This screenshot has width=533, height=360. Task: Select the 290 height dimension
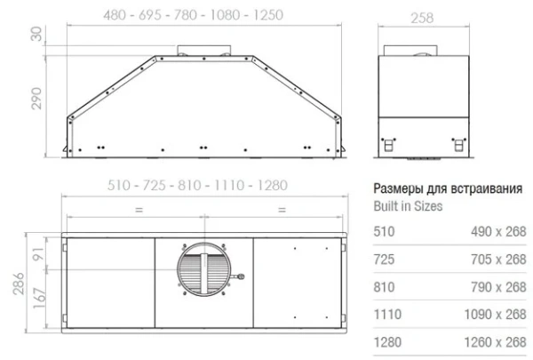coord(36,100)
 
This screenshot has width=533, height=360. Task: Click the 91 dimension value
coord(36,255)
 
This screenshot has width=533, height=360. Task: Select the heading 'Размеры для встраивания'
coord(447,188)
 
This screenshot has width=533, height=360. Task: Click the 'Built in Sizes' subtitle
coord(407,205)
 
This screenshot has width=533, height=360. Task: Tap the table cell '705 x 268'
coord(497,260)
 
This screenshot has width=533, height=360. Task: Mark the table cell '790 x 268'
coord(497,286)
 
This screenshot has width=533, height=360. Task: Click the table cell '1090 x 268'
coord(494,314)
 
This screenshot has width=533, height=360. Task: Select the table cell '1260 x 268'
coord(494,341)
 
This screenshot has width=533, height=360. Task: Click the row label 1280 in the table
coord(386,341)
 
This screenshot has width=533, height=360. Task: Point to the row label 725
coord(383,260)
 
